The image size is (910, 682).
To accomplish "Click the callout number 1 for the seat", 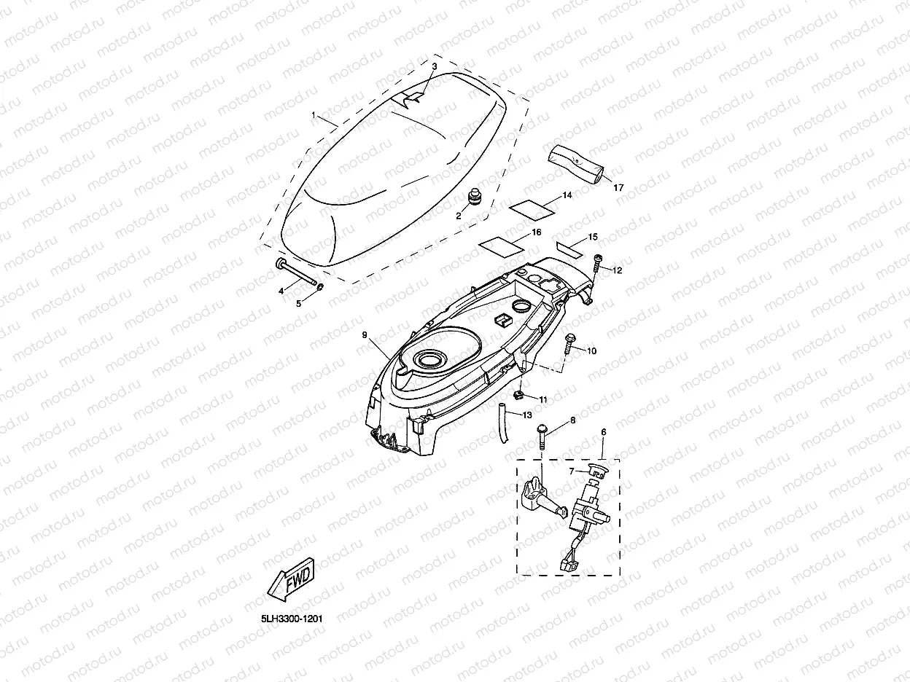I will click(314, 116).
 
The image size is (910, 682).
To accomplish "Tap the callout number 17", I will click(618, 187).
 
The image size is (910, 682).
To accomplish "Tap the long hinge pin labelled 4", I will click(297, 274).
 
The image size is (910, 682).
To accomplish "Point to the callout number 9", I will click(365, 334).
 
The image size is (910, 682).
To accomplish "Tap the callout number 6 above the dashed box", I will click(603, 432).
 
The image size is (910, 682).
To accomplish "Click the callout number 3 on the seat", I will click(435, 66).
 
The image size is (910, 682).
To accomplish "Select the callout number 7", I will click(571, 471).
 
